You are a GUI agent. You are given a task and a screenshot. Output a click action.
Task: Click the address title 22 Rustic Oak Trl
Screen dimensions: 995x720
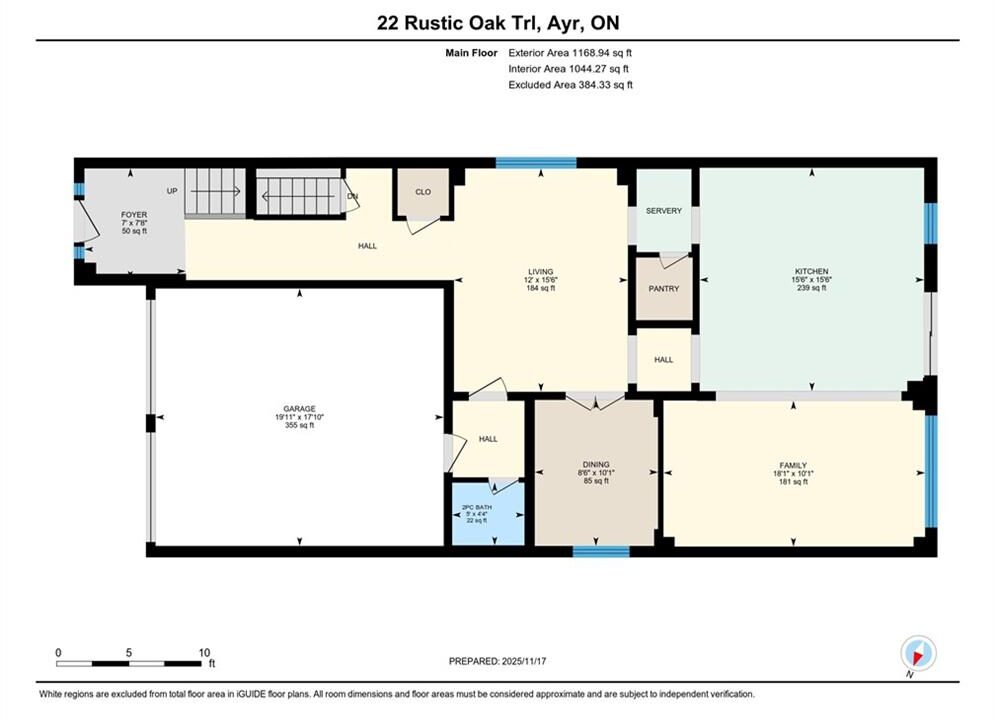[458, 23]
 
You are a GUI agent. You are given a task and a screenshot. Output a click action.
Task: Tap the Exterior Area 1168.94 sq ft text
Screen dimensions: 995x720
[570, 53]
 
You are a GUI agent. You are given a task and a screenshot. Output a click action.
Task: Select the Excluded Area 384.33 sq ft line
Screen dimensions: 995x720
[570, 85]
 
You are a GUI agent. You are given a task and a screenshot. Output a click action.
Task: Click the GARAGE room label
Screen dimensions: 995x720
[300, 409]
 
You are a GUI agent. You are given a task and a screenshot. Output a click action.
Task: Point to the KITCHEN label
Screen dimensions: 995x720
[812, 272]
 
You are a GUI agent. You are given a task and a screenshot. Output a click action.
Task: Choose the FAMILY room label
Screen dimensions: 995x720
[793, 466]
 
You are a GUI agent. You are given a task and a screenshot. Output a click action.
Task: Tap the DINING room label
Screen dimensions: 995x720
[596, 464]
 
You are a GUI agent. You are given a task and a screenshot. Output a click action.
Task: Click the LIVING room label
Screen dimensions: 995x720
[541, 272]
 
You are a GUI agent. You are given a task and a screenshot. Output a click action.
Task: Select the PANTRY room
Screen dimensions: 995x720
[664, 289]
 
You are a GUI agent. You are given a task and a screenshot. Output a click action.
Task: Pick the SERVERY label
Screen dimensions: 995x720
[664, 211]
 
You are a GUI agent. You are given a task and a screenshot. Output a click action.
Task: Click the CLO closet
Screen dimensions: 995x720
[423, 192]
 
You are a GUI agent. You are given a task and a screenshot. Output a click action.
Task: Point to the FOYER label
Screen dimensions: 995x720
[134, 215]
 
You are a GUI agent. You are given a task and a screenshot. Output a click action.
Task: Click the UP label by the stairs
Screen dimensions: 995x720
[172, 191]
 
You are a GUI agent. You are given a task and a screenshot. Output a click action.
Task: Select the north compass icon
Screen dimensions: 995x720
[918, 653]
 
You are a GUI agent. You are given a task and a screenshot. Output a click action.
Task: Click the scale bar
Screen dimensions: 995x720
[128, 664]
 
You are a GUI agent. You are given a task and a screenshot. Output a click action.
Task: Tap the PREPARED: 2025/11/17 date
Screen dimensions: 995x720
[498, 661]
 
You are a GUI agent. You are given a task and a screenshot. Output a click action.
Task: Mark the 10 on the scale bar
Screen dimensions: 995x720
[204, 652]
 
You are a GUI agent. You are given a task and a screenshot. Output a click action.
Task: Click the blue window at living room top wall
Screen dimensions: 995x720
[536, 163]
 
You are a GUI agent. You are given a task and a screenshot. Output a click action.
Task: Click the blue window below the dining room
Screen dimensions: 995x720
[601, 551]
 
